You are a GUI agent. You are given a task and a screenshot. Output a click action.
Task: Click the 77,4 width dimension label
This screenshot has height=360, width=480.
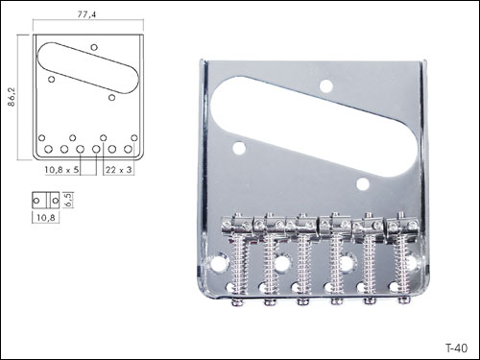click(86, 14)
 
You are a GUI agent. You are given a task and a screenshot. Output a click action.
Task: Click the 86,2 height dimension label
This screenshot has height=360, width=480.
click(12, 97)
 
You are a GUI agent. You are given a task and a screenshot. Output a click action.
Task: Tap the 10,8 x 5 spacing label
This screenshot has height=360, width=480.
click(61, 170)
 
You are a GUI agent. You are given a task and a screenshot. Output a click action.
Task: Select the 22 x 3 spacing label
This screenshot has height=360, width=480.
click(118, 170)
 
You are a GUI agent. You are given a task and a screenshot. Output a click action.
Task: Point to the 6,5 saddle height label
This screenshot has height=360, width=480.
click(69, 200)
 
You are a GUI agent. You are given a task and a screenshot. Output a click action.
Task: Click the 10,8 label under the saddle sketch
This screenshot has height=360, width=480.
click(46, 218)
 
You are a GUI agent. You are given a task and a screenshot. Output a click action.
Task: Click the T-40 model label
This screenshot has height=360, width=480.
click(457, 348)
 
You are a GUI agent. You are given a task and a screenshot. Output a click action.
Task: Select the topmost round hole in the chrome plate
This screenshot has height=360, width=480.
click(326, 86)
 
